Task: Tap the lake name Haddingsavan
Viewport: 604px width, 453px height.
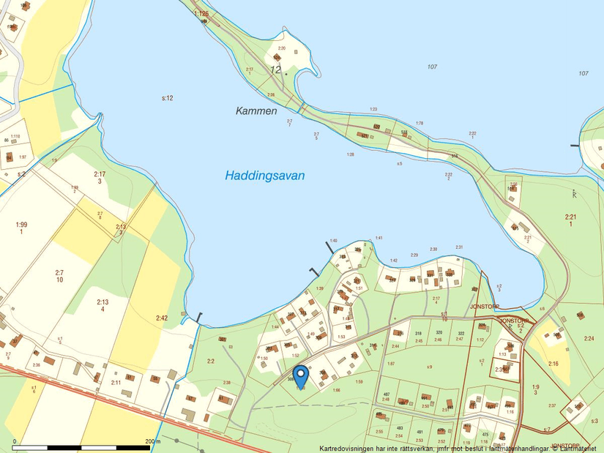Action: coord(264,176)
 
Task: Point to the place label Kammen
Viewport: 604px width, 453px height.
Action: coord(256,111)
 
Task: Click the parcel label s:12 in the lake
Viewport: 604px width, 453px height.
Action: coord(167,97)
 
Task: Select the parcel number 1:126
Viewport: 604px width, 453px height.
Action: coord(201,14)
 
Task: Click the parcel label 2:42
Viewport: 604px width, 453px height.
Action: coord(162,318)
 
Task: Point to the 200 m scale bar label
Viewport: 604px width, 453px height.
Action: coord(152,441)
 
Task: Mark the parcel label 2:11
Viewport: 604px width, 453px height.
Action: coord(116,383)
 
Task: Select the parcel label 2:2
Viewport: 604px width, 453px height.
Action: coord(211,361)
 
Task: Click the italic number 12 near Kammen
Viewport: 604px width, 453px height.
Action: coord(275,70)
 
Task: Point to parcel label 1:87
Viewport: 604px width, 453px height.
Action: coord(391,364)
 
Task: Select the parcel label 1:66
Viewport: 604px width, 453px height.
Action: coord(336,390)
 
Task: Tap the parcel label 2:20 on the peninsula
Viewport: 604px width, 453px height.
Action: coord(282,48)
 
